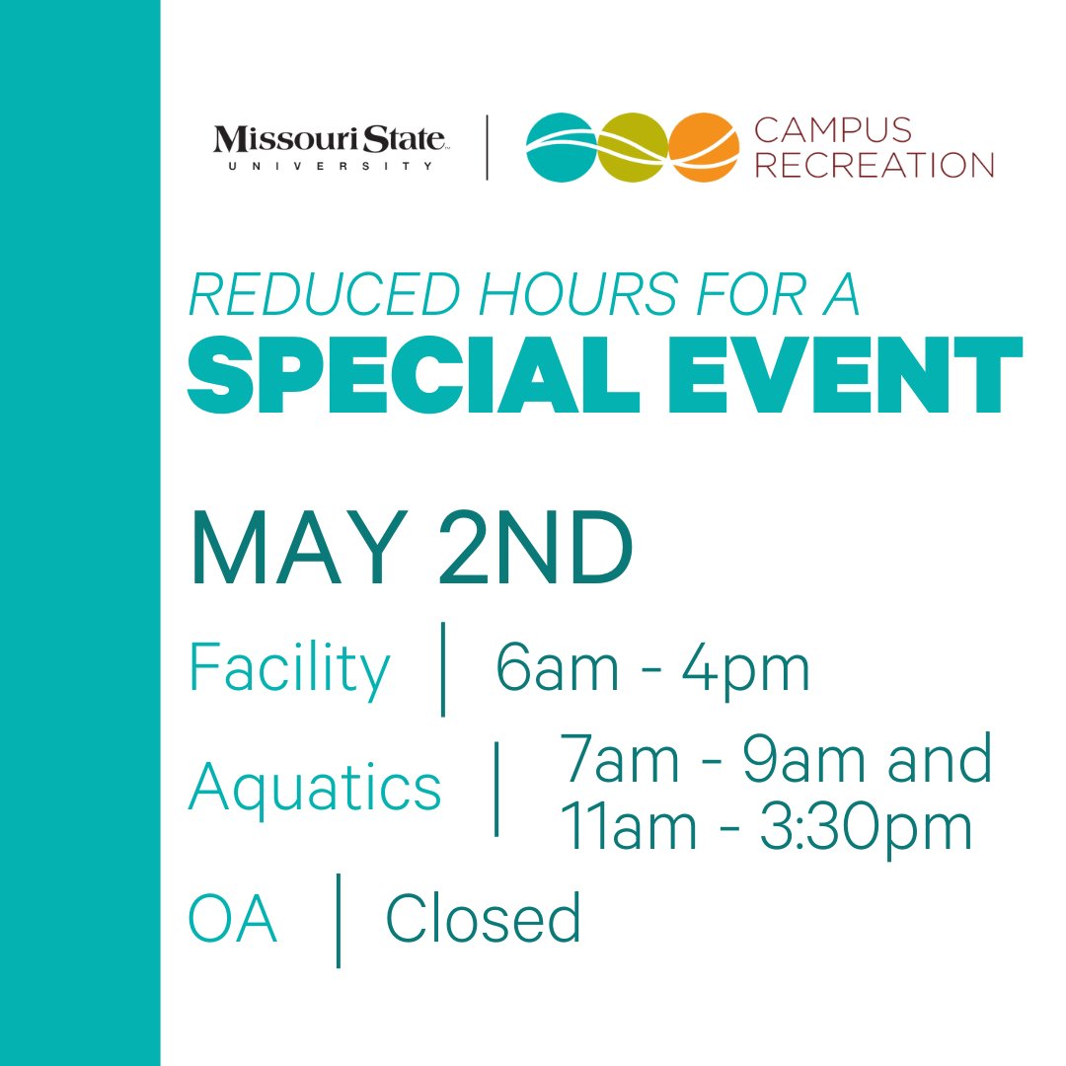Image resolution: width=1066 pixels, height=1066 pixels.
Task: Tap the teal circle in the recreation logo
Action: point(561,147)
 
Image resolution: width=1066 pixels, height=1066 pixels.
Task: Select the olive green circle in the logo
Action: point(632,147)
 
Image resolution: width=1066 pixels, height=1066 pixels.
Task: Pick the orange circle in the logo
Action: point(703,147)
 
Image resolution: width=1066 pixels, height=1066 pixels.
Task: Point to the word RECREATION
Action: point(874,164)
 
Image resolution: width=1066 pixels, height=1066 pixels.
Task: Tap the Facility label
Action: point(289,670)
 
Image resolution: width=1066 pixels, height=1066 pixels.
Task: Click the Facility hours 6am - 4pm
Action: point(652,669)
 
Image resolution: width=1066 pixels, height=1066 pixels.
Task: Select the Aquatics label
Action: point(315,788)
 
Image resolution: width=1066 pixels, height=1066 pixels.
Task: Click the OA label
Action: point(233,920)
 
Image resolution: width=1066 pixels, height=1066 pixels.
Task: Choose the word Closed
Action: point(483,919)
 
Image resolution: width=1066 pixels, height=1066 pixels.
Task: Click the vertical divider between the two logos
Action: point(488,147)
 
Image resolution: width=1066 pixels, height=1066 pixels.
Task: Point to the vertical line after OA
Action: point(339,920)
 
